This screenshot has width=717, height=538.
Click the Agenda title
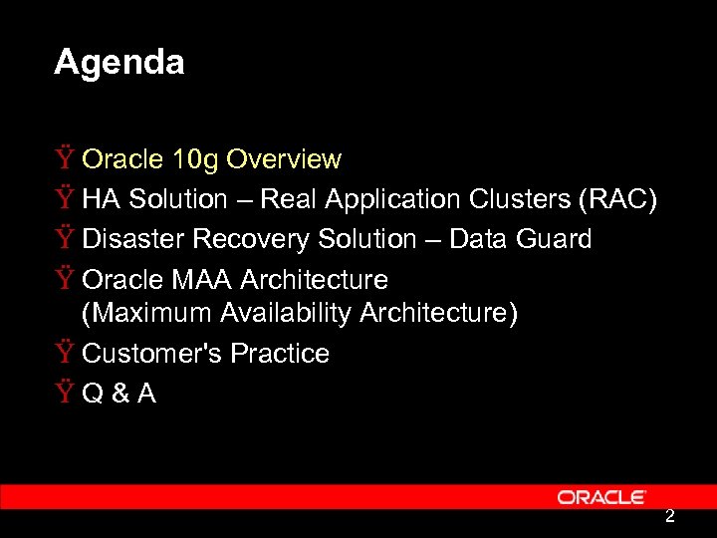(x=119, y=63)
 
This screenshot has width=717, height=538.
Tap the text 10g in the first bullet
(x=195, y=159)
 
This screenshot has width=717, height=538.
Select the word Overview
(x=284, y=159)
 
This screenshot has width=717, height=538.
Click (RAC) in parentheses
(x=617, y=199)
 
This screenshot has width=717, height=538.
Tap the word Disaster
(x=133, y=239)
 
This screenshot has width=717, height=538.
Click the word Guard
(x=558, y=239)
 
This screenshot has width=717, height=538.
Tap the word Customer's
(x=152, y=354)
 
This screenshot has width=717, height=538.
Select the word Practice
(x=280, y=354)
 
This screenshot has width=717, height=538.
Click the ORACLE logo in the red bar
(x=601, y=497)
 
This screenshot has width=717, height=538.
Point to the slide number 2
(x=670, y=516)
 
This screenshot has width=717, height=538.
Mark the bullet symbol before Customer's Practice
(x=65, y=354)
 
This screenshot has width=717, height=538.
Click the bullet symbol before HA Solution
(x=65, y=199)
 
